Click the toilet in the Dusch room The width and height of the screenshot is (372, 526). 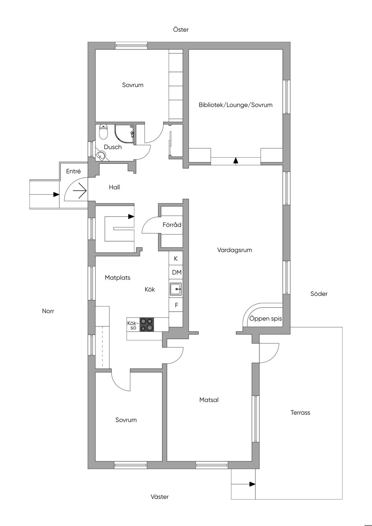[x=103, y=132]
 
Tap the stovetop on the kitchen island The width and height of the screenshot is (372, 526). [x=147, y=324]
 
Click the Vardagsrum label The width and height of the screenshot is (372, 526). [x=234, y=250]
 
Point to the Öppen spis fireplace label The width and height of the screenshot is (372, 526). [x=266, y=319]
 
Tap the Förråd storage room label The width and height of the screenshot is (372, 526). [x=172, y=225]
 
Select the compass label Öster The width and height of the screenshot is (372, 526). [x=181, y=29]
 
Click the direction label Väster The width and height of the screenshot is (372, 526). [x=160, y=497]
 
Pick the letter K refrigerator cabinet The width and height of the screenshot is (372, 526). [x=176, y=259]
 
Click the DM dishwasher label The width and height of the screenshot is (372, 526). [x=177, y=272]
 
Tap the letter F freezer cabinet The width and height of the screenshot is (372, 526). [x=176, y=305]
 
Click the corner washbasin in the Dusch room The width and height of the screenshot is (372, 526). [x=101, y=155]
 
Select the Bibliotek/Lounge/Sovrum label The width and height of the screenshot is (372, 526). [x=235, y=105]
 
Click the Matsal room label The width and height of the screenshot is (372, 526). [x=209, y=400]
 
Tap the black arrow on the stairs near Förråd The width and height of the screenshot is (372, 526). [x=131, y=217]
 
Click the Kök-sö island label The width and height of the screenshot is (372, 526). [x=133, y=325]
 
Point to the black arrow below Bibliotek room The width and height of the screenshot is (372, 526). [x=236, y=161]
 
